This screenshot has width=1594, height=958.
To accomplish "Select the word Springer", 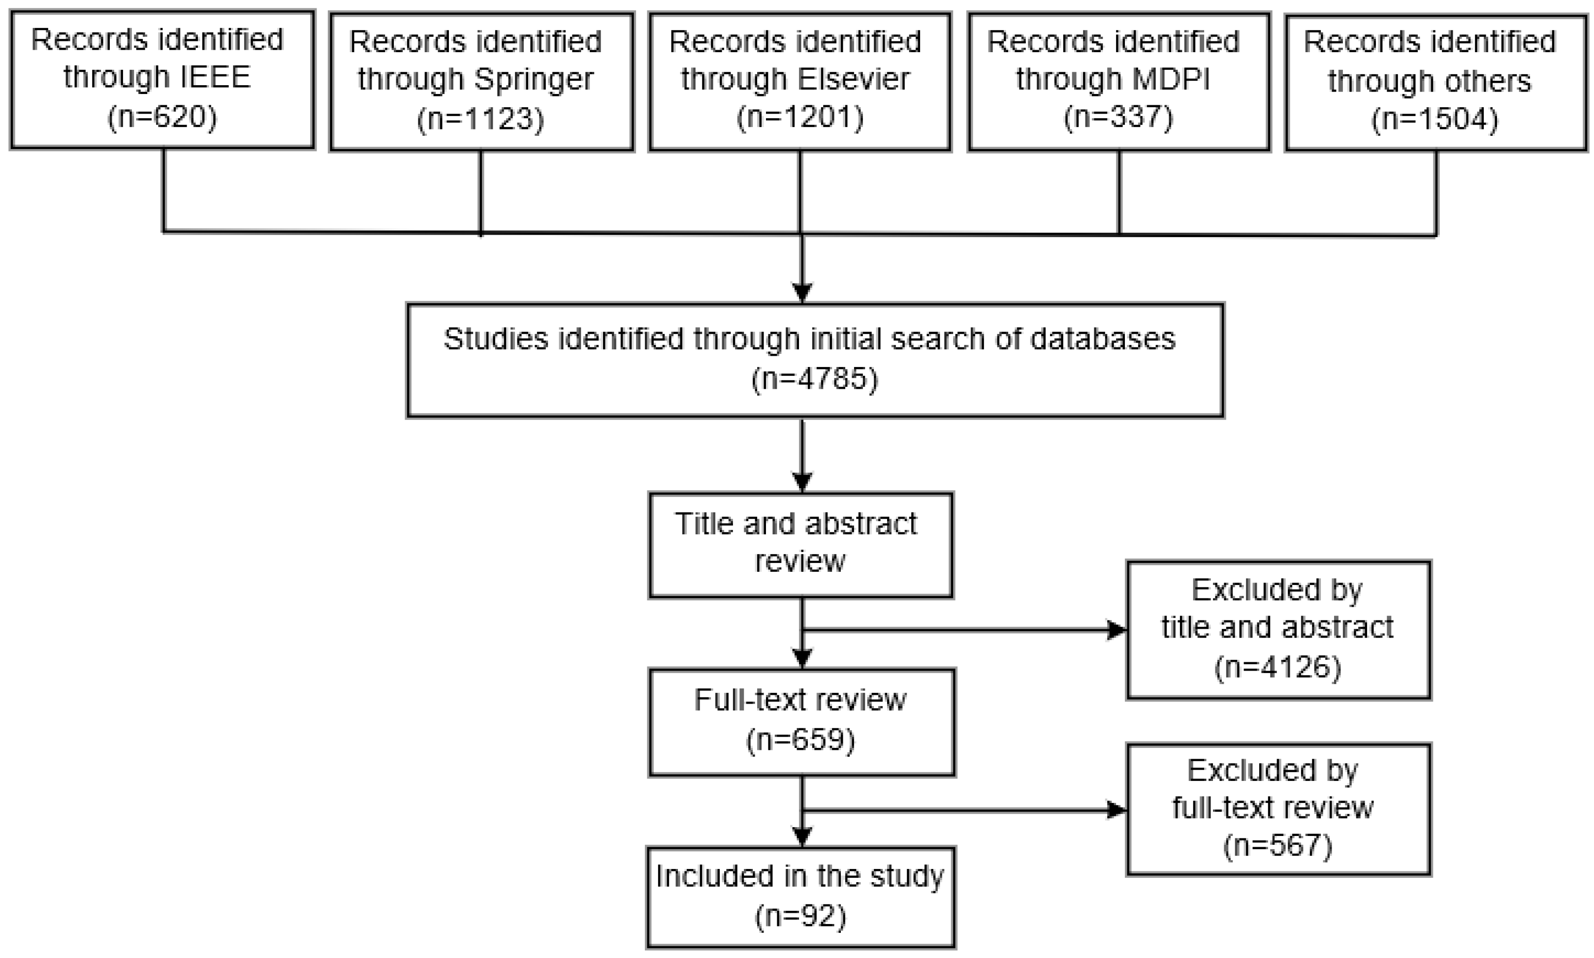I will (534, 79).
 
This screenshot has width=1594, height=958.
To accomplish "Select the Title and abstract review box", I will (800, 544).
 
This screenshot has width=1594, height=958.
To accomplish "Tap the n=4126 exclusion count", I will (1277, 667).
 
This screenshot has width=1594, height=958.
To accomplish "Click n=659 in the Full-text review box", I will (800, 739).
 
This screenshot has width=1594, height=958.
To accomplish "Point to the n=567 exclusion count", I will (1277, 846).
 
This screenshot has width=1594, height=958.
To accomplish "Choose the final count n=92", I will (800, 916).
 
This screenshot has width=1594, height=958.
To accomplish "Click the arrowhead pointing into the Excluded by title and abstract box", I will (1116, 630).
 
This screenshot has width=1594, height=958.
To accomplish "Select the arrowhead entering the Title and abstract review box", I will (801, 482).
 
